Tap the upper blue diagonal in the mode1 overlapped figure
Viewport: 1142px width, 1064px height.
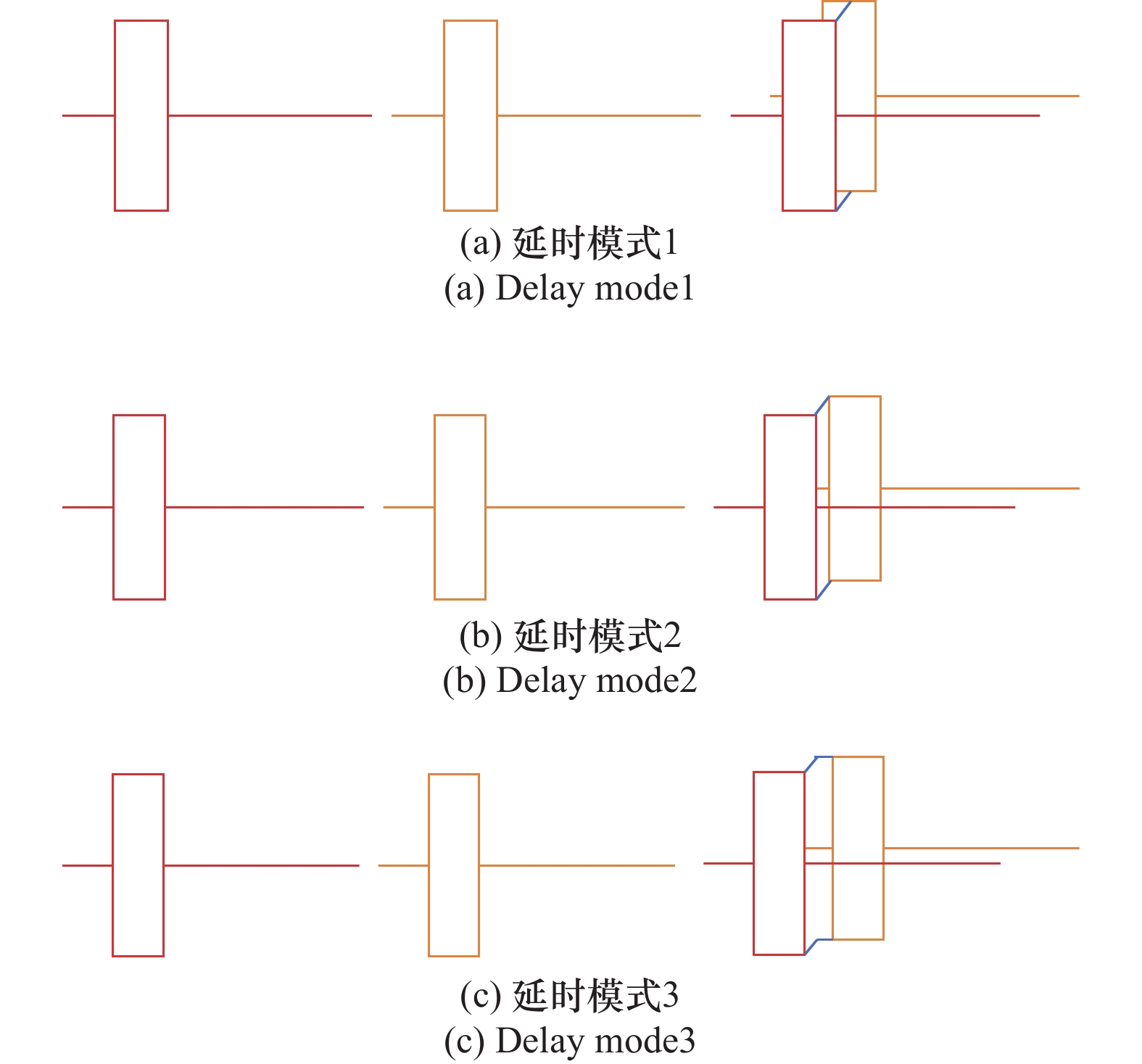843,11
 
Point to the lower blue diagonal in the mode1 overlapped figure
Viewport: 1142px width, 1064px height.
843,201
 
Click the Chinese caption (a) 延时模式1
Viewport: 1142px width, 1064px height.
569,243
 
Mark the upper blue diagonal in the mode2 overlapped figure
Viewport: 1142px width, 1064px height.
822,405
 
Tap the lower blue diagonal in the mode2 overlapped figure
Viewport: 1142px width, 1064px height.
823,590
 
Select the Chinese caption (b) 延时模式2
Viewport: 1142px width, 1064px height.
570,636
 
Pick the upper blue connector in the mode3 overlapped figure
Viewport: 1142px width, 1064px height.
815,762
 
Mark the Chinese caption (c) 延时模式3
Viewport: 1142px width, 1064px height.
569,996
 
